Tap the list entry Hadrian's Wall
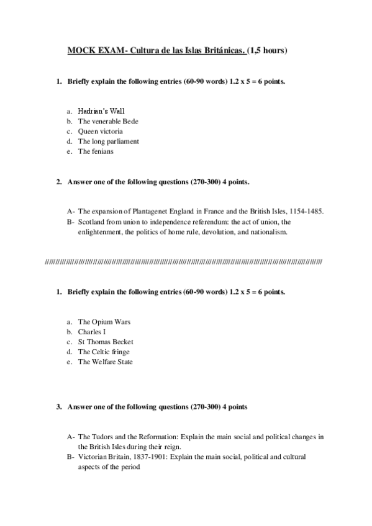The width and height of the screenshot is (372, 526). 101,110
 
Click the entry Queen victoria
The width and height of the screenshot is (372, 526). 100,131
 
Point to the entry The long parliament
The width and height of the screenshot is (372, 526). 108,141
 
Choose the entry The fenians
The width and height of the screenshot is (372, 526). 96,151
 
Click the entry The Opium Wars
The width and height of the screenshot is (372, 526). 104,322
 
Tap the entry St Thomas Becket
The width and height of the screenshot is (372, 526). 106,342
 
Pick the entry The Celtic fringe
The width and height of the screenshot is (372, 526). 103,352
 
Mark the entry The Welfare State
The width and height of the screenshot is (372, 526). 105,362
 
